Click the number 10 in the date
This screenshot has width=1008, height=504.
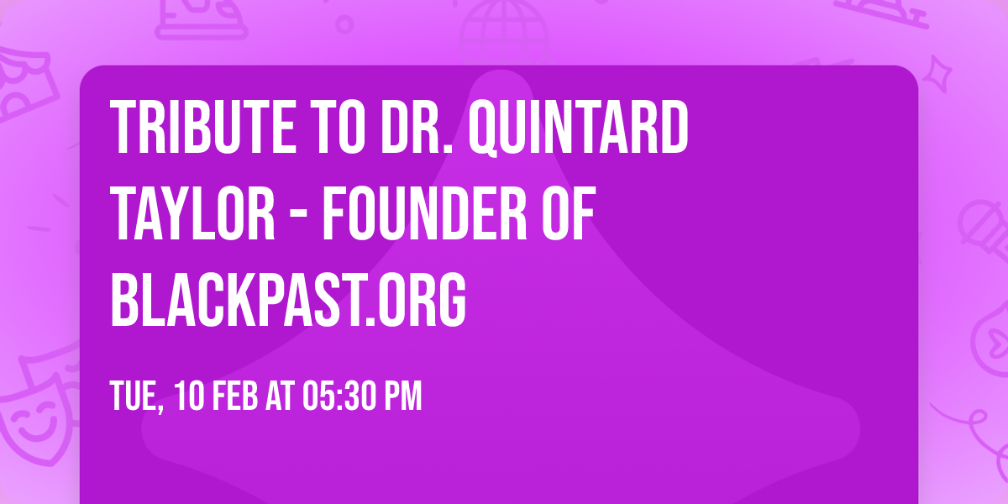[189, 396]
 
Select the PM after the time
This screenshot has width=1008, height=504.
[402, 396]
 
